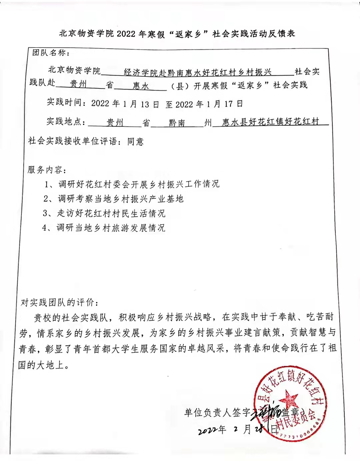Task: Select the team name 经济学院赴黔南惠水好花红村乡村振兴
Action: point(198,72)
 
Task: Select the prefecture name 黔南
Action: point(177,123)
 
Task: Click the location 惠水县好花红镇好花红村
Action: point(270,122)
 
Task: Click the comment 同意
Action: point(135,142)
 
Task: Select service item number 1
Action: point(132,184)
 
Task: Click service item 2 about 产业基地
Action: point(113,199)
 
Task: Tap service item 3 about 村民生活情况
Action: point(104,213)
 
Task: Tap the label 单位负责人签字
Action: point(217,413)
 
